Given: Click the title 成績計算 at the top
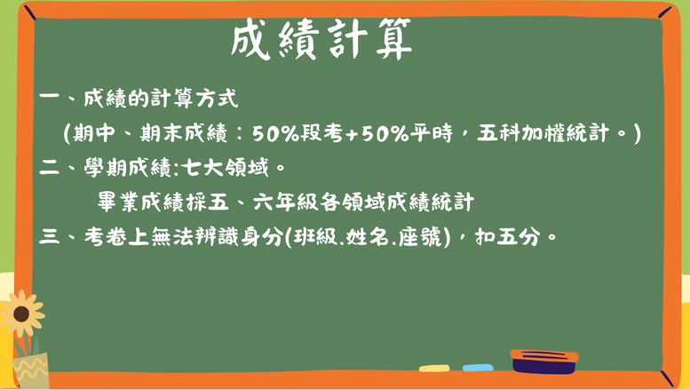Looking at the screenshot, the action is coord(321,39).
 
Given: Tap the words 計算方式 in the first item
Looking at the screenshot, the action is coord(194,98).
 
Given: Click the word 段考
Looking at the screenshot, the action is coord(321,132).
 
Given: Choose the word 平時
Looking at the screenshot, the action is coord(432,132).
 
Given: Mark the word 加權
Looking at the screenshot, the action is coord(543,132).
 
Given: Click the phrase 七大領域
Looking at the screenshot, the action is coord(225,167).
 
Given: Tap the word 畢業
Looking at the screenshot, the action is coord(118,202).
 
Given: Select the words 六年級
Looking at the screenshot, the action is coord(285,202).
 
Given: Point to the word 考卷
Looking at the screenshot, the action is coord(105,237).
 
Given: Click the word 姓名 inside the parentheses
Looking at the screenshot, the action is coord(367,237).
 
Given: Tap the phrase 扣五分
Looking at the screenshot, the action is coord(507,237).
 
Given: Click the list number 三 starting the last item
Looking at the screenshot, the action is coord(50,237).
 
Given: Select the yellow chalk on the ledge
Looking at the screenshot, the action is coord(434,369).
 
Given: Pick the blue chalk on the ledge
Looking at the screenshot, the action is coord(478,368).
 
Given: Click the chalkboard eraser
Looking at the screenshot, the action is coord(544,362).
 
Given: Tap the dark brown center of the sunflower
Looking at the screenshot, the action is coord(21,314).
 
